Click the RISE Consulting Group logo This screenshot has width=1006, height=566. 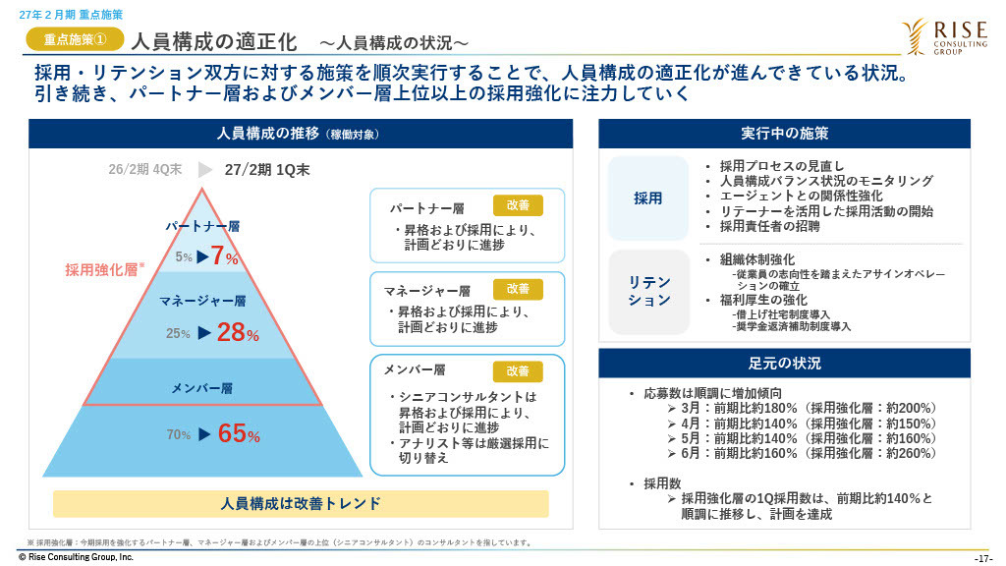pyautogui.click(x=944, y=36)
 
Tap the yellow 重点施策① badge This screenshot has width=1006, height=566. pyautogui.click(x=75, y=39)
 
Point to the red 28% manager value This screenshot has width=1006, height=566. pyautogui.click(x=238, y=332)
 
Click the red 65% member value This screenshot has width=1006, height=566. pyautogui.click(x=239, y=433)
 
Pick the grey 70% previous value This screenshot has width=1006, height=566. pyautogui.click(x=179, y=435)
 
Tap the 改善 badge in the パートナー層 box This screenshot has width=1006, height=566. pyautogui.click(x=518, y=205)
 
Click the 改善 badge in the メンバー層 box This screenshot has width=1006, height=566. pyautogui.click(x=518, y=371)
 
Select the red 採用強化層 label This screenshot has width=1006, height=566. pyautogui.click(x=101, y=270)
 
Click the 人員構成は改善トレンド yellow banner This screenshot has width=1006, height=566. pyautogui.click(x=301, y=504)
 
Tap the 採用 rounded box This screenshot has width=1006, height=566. pyautogui.click(x=648, y=198)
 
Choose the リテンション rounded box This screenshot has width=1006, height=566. pyautogui.click(x=648, y=291)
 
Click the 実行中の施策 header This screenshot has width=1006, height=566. pyautogui.click(x=784, y=134)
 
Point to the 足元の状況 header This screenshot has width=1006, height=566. pyautogui.click(x=784, y=364)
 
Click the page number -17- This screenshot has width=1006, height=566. pyautogui.click(x=982, y=558)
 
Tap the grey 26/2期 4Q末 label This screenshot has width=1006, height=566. pyautogui.click(x=145, y=169)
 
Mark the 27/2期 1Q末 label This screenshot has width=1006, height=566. pyautogui.click(x=267, y=170)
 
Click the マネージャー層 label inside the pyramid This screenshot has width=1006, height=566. pyautogui.click(x=202, y=301)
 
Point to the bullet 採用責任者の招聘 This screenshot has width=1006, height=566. pyautogui.click(x=769, y=226)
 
